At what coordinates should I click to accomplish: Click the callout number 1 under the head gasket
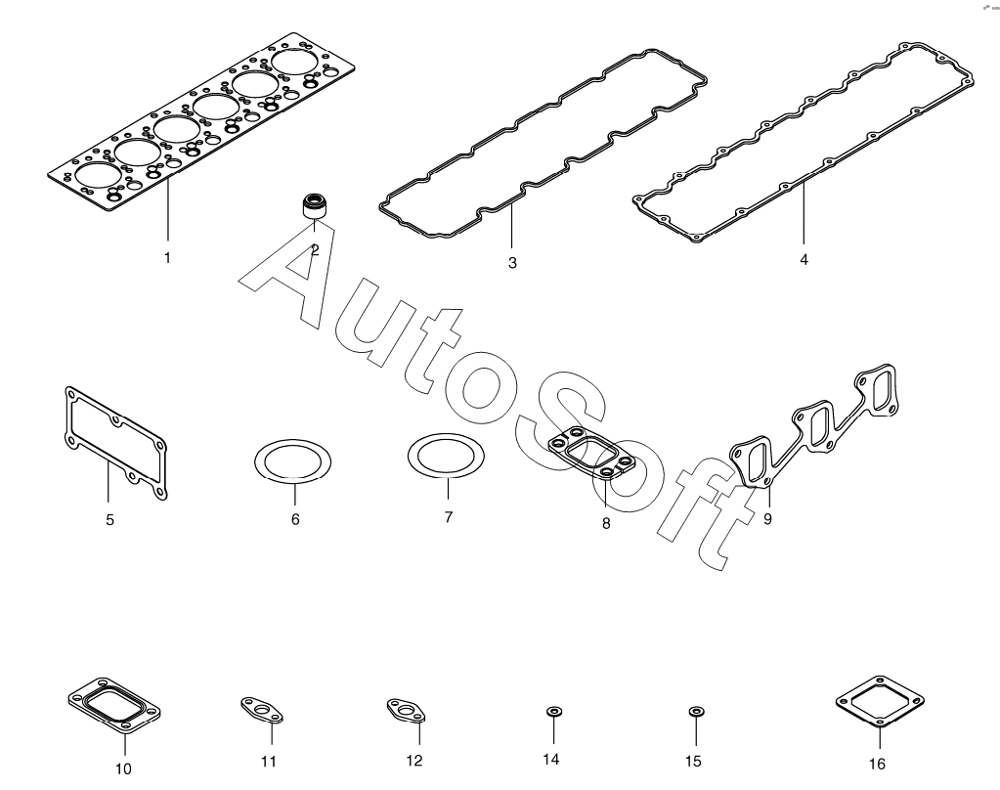point(167,258)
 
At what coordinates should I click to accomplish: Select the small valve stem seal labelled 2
point(314,207)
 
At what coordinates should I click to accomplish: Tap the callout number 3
point(512,263)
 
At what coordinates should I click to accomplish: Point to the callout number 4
point(804,260)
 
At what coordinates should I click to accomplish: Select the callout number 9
point(767,519)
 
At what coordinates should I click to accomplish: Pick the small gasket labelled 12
point(404,710)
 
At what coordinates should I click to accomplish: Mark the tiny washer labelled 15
point(696,710)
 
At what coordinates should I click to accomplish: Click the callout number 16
point(877,764)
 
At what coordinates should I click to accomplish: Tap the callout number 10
point(123,768)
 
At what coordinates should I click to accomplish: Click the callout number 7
point(449,516)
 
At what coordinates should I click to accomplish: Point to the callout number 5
point(109,520)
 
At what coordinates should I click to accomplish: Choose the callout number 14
point(550,760)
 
